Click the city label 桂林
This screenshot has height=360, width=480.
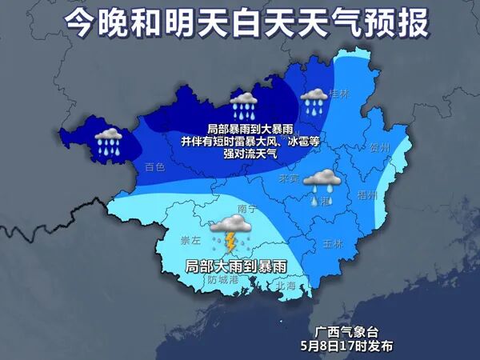pyautogui.click(x=339, y=93)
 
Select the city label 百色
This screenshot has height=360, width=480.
pyautogui.click(x=154, y=167)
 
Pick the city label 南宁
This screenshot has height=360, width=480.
pyautogui.click(x=247, y=209)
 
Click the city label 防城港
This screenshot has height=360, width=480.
pyautogui.click(x=223, y=279)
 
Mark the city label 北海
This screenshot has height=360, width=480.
pyautogui.click(x=285, y=285)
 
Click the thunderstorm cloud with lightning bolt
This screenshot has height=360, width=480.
pyautogui.click(x=232, y=231)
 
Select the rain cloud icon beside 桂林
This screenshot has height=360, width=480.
pyautogui.click(x=313, y=101)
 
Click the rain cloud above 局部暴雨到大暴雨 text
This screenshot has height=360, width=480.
pyautogui.click(x=244, y=105)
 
